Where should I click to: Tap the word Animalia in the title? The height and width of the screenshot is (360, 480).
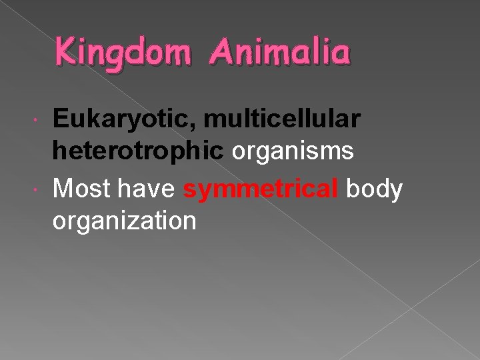coord(279,52)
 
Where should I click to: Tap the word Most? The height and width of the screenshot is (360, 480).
coord(79,189)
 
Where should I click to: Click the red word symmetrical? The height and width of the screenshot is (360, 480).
coord(261,189)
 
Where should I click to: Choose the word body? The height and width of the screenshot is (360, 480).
coord(375,189)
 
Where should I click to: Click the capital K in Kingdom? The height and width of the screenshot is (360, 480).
coord(66,51)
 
